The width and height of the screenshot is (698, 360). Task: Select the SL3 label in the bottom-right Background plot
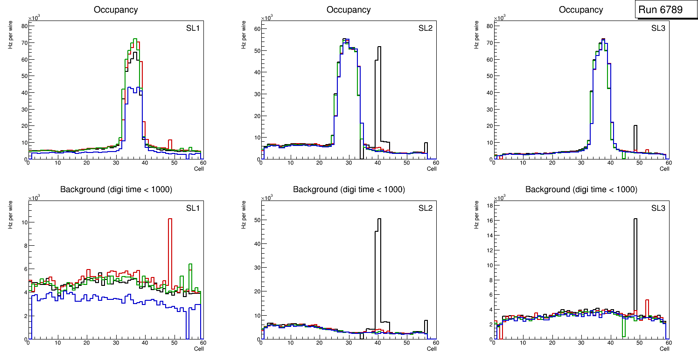point(658,208)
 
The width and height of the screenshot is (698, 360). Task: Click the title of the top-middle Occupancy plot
point(349,10)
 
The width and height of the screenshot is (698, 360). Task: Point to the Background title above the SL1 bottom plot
point(116,189)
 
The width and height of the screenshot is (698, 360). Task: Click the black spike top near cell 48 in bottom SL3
point(635,219)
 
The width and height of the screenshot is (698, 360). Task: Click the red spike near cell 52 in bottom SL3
point(647,301)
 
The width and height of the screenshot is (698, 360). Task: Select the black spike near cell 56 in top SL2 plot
point(426,144)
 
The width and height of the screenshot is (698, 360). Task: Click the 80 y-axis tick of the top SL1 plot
point(24,26)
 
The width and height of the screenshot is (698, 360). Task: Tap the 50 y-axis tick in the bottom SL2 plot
point(257,220)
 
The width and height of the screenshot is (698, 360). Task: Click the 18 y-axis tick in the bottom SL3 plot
point(489,205)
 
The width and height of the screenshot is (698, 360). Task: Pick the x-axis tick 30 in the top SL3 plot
point(581,163)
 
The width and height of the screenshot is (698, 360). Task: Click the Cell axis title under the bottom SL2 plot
point(432,348)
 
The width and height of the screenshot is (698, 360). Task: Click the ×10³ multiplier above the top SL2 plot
point(266,18)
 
